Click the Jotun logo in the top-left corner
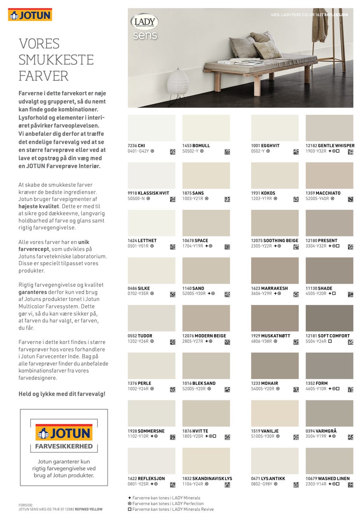pyautogui.click(x=30, y=15)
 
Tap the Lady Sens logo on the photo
pyautogui.click(x=145, y=27)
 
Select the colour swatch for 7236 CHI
pyautogui.click(x=151, y=128)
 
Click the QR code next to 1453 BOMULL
pyautogui.click(x=227, y=152)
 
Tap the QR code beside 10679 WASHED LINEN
pyautogui.click(x=350, y=485)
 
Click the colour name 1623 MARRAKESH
pyautogui.click(x=269, y=288)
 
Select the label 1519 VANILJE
pyautogui.click(x=265, y=431)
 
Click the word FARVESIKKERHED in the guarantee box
pyautogui.click(x=64, y=446)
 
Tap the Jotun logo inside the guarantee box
pyautogui.click(x=64, y=433)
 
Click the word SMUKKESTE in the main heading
pyautogui.click(x=56, y=60)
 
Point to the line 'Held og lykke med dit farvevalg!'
pyautogui.click(x=62, y=394)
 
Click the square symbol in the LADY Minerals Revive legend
pyautogui.click(x=130, y=509)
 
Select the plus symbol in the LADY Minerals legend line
pyautogui.click(x=130, y=498)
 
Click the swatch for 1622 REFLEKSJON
pyautogui.click(x=151, y=461)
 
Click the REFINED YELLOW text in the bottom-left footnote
pyautogui.click(x=89, y=509)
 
